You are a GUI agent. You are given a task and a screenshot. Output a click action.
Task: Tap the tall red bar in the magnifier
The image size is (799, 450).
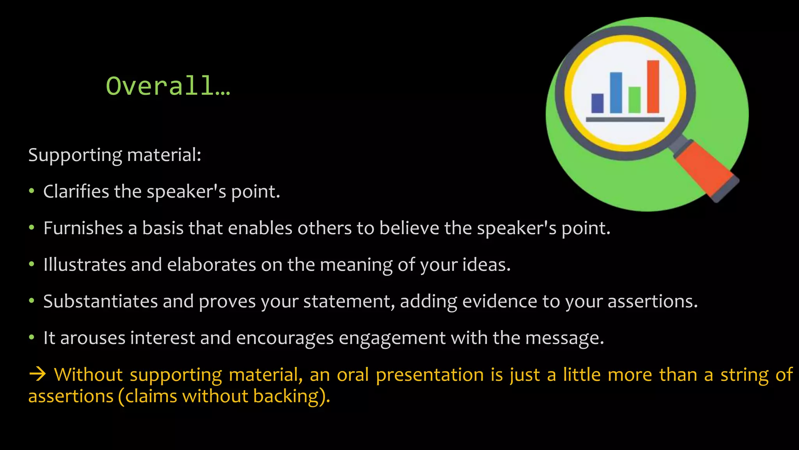click(x=653, y=87)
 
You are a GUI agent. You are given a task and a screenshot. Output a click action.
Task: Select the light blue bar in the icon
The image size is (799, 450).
click(x=616, y=93)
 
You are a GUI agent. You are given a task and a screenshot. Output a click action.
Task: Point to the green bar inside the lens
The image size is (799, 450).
click(x=634, y=100)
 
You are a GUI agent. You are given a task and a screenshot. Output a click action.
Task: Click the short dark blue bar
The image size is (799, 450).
click(x=597, y=103)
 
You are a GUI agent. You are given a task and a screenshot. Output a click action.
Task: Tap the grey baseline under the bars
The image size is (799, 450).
click(x=625, y=120)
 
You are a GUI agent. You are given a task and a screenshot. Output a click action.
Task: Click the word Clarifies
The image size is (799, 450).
click(x=76, y=191)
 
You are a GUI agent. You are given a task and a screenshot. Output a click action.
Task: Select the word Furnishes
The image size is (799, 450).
click(x=83, y=228)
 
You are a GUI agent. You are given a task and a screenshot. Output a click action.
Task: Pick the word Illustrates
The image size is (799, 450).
click(x=85, y=264)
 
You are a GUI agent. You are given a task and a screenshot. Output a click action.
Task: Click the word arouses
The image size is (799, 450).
click(x=92, y=338)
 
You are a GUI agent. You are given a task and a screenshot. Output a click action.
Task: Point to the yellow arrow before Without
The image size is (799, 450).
click(x=38, y=375)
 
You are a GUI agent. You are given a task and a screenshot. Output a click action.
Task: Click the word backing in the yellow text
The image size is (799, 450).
click(x=286, y=396)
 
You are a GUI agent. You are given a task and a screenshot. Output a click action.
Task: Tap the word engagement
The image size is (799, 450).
click(x=392, y=338)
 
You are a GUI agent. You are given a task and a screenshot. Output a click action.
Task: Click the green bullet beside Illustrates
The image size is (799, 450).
click(x=32, y=264)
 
